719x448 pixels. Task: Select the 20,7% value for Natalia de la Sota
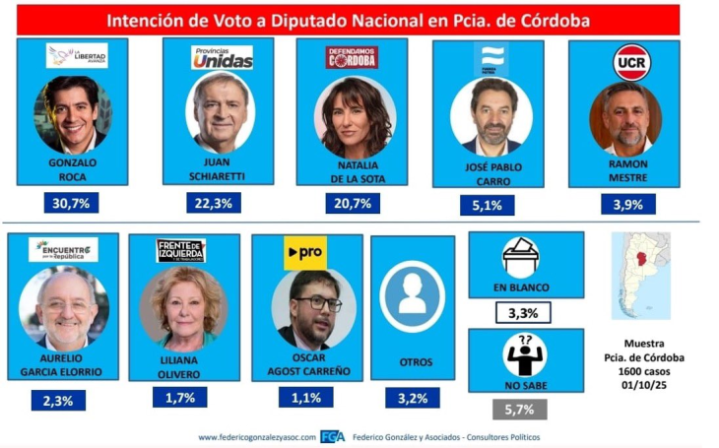[x=354, y=204]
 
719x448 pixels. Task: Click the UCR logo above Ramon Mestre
[x=630, y=62]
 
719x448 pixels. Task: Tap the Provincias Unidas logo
[x=222, y=58]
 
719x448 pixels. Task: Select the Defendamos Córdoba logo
[x=353, y=57]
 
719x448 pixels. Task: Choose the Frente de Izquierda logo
[x=181, y=251]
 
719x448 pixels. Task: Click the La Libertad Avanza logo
[x=77, y=56]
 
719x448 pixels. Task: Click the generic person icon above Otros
[x=412, y=295]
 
